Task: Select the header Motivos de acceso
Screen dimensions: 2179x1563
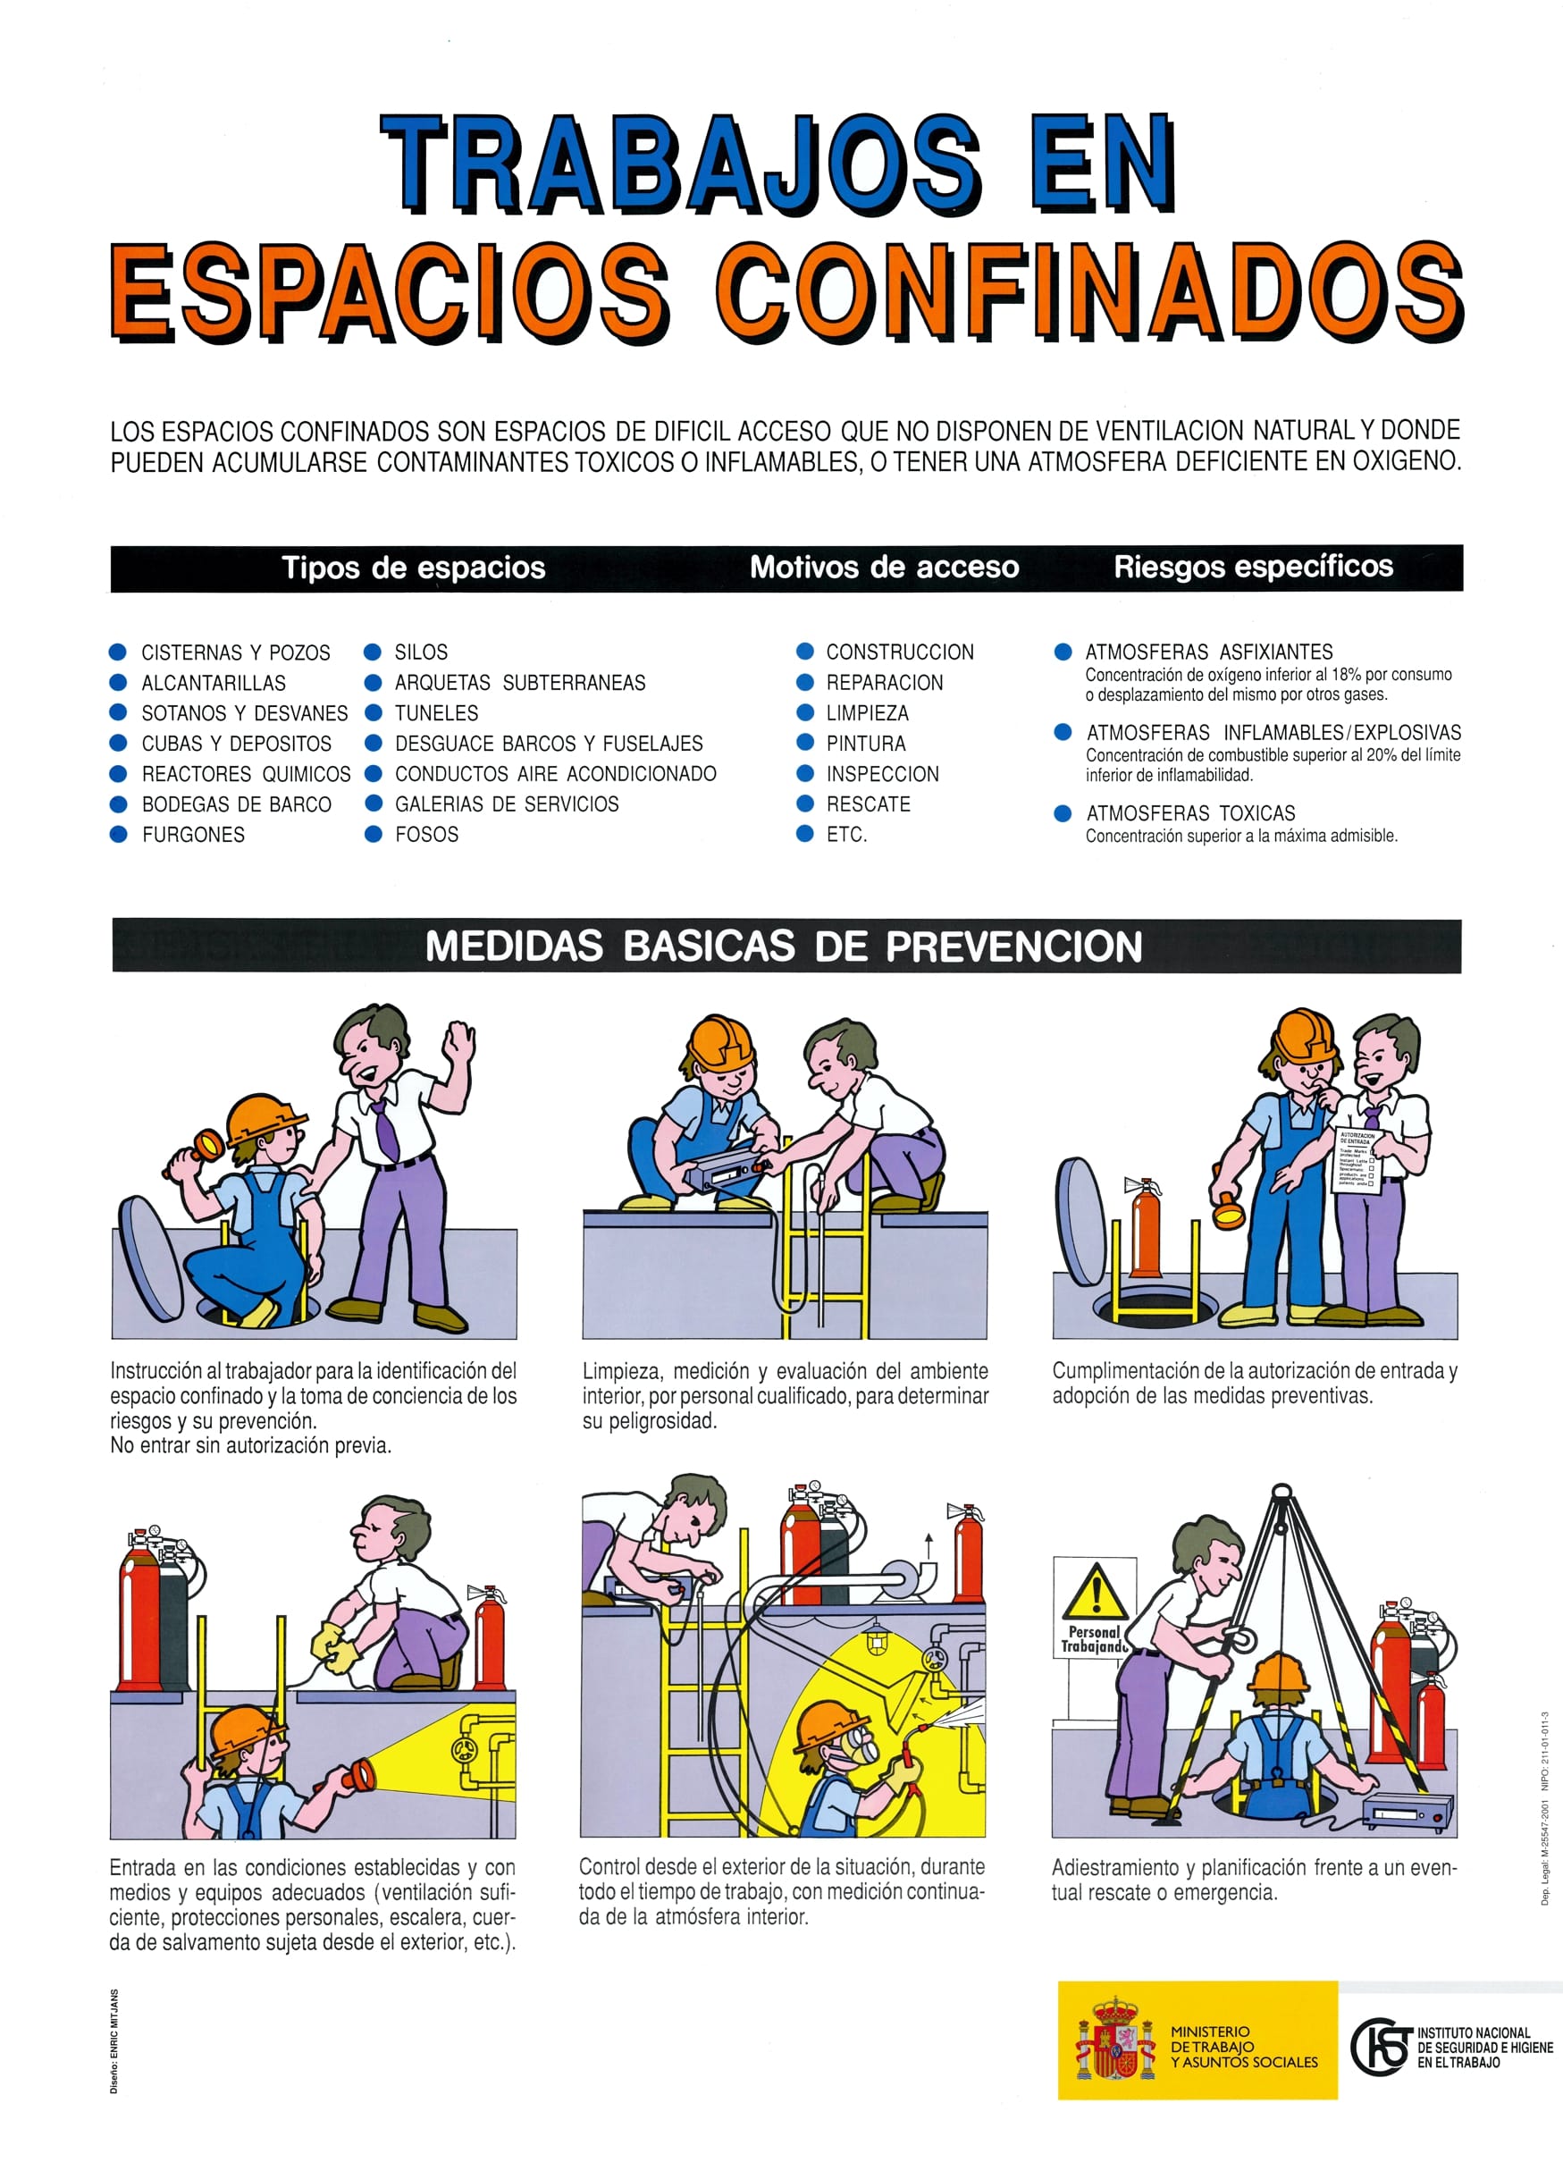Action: coord(884,568)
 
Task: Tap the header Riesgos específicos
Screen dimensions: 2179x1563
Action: coord(1253,567)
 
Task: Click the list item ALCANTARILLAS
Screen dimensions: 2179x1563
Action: coord(214,683)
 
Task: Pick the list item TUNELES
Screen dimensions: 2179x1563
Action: coord(436,714)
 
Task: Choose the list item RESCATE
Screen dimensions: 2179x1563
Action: coord(868,804)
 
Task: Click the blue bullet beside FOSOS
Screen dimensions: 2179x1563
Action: coord(374,834)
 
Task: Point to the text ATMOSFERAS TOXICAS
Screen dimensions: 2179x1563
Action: coord(1190,813)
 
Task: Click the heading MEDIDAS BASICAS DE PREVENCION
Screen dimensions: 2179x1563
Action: coord(783,946)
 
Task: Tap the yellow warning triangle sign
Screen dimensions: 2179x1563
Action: coord(1095,1591)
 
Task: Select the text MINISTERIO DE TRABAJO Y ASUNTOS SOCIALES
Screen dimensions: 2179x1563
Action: coord(1244,2047)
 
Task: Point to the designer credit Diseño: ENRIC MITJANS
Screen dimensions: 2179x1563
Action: coord(114,2041)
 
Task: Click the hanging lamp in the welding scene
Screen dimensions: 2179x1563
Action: coord(875,1640)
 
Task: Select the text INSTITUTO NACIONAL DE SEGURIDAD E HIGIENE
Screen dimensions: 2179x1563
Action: coord(1484,2048)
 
